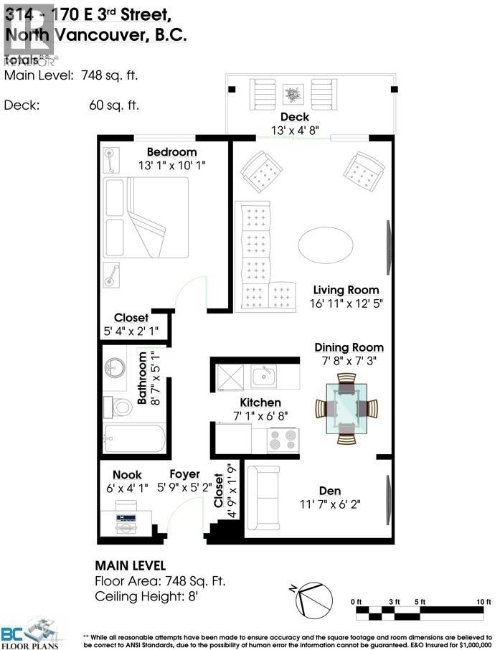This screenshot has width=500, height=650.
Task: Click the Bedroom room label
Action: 171,152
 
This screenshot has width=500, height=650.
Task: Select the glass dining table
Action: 346,408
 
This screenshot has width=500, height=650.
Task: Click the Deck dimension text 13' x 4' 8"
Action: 294,131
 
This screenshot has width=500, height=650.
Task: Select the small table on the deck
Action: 293,93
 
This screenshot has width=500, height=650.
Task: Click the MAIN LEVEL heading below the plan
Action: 130,565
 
